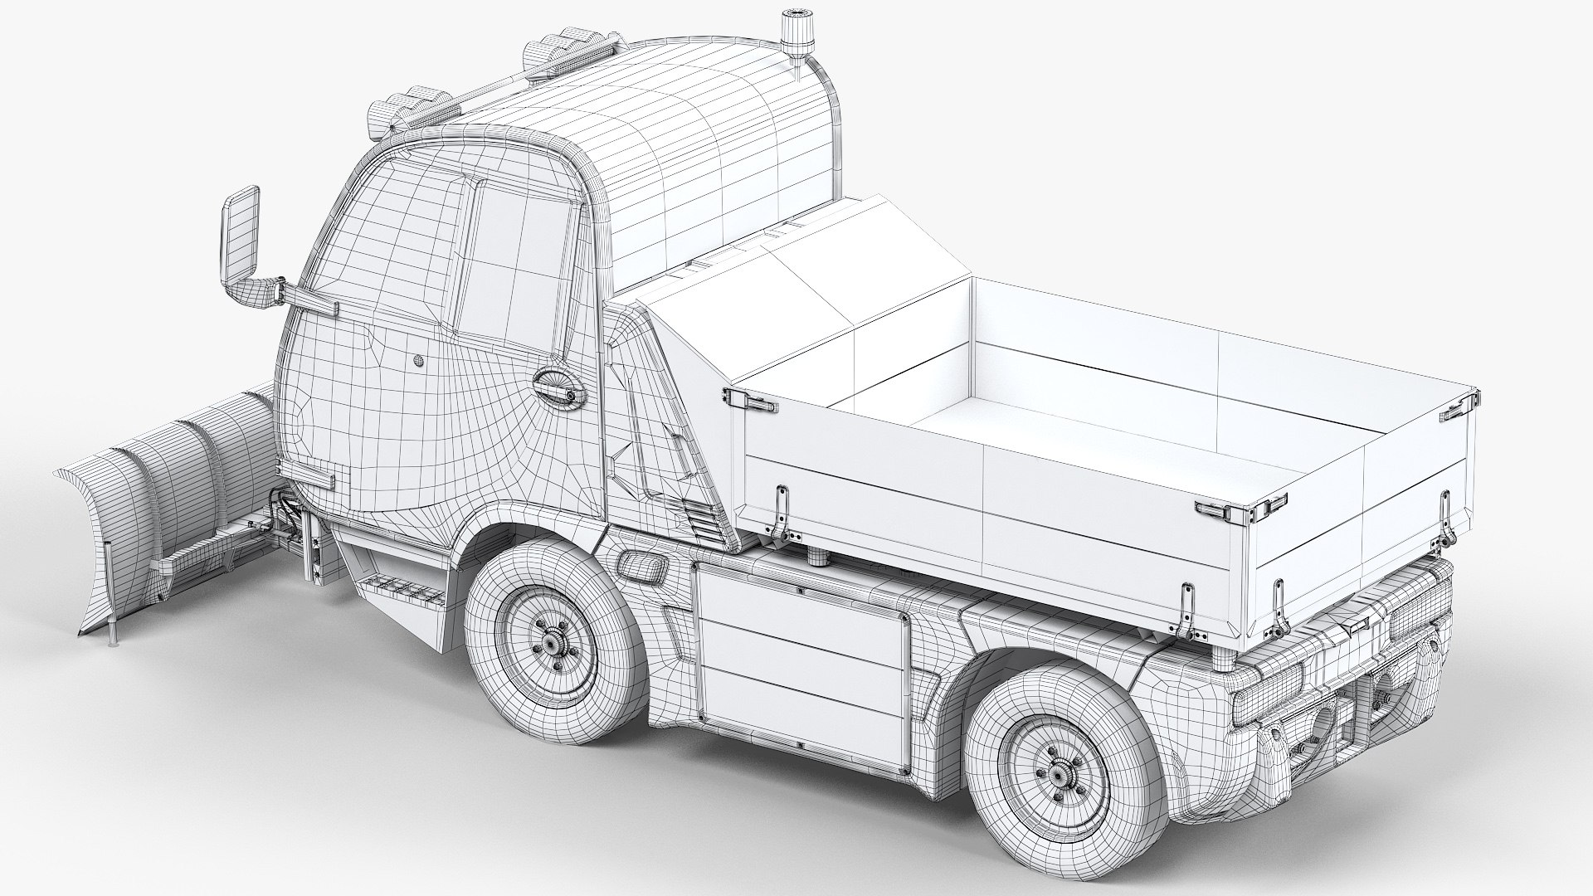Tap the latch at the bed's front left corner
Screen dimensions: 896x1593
pos(750,401)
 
